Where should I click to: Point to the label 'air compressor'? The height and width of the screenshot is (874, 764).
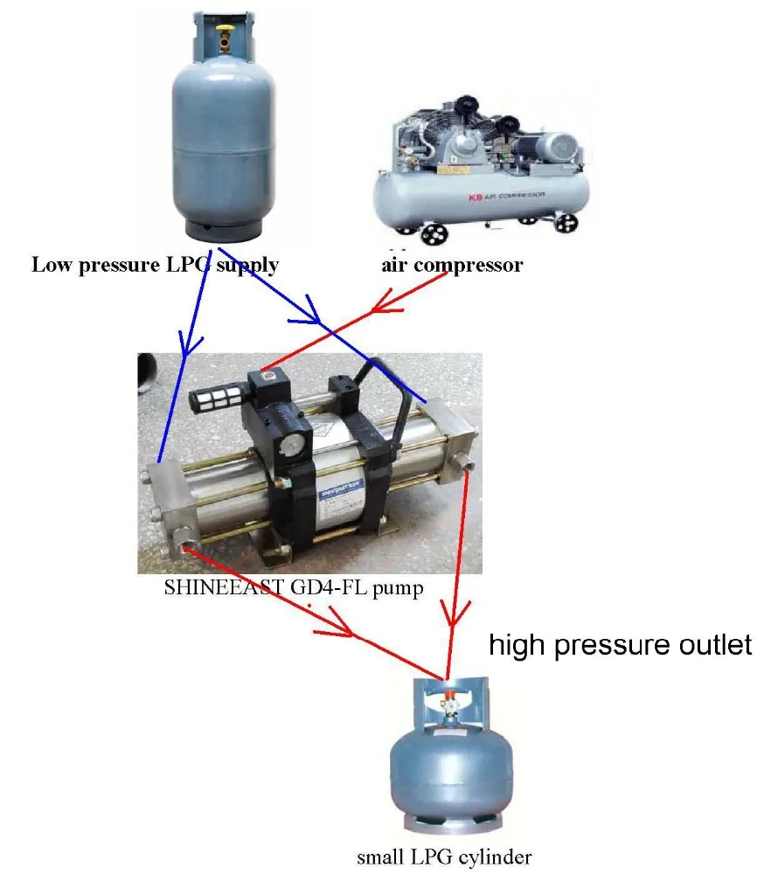452,265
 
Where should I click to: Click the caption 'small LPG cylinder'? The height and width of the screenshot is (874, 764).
443,857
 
